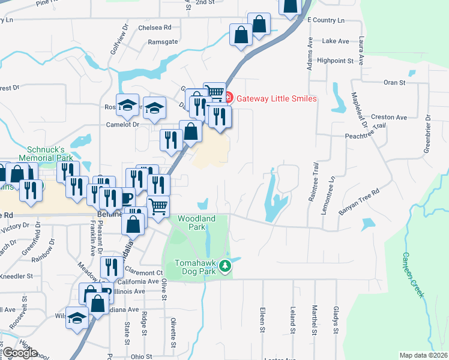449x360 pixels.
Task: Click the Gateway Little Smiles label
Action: tap(276, 98)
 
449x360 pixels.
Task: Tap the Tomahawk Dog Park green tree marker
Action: tap(225, 265)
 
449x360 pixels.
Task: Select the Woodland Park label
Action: tap(196, 223)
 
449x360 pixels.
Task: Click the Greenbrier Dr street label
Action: tap(427, 132)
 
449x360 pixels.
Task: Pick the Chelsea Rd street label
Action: tap(154, 28)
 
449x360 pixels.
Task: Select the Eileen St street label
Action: tap(262, 321)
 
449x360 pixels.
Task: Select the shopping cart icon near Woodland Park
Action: tap(158, 206)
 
